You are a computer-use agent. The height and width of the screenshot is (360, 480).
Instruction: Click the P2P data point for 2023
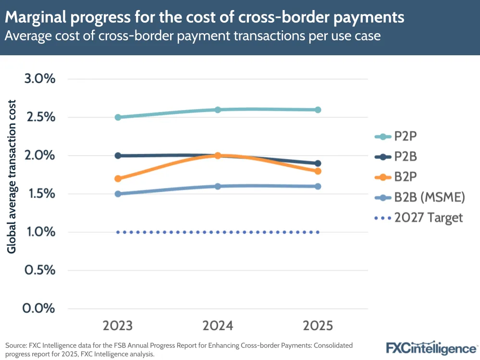point(118,117)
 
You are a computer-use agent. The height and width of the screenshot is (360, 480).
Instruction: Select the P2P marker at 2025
point(318,110)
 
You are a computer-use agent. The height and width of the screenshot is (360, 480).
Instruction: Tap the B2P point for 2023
point(118,178)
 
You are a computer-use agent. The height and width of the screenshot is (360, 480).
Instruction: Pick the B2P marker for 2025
point(318,171)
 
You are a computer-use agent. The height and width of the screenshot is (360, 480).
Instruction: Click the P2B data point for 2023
point(118,156)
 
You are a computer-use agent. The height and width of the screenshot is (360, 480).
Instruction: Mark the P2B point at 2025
point(318,163)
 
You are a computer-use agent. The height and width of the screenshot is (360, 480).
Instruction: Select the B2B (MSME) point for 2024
point(218,186)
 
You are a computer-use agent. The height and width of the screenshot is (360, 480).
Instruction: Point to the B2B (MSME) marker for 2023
point(118,194)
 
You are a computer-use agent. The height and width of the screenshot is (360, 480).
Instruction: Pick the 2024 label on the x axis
point(218,326)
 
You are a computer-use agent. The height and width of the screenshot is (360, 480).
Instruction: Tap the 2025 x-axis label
point(318,326)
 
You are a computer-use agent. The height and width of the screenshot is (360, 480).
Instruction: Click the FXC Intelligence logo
point(431,348)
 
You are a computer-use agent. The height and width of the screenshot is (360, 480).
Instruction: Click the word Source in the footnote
point(15,346)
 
